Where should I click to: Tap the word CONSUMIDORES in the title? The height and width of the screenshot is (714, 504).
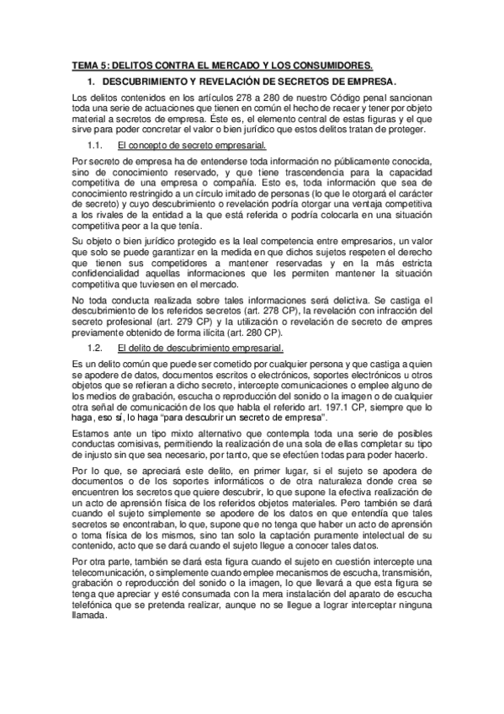[x=328, y=65]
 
